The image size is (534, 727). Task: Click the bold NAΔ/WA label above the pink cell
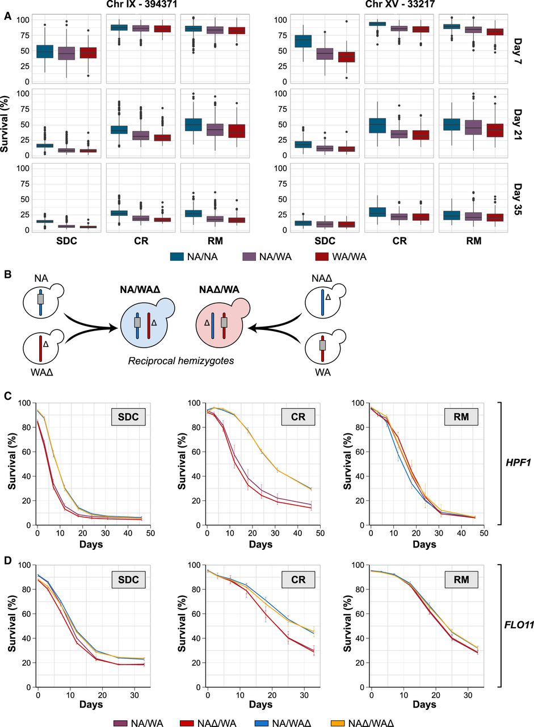pos(219,289)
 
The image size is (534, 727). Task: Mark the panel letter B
pos(7,274)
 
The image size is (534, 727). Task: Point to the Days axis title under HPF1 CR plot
pos(263,544)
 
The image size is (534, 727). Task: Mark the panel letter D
pos(7,554)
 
